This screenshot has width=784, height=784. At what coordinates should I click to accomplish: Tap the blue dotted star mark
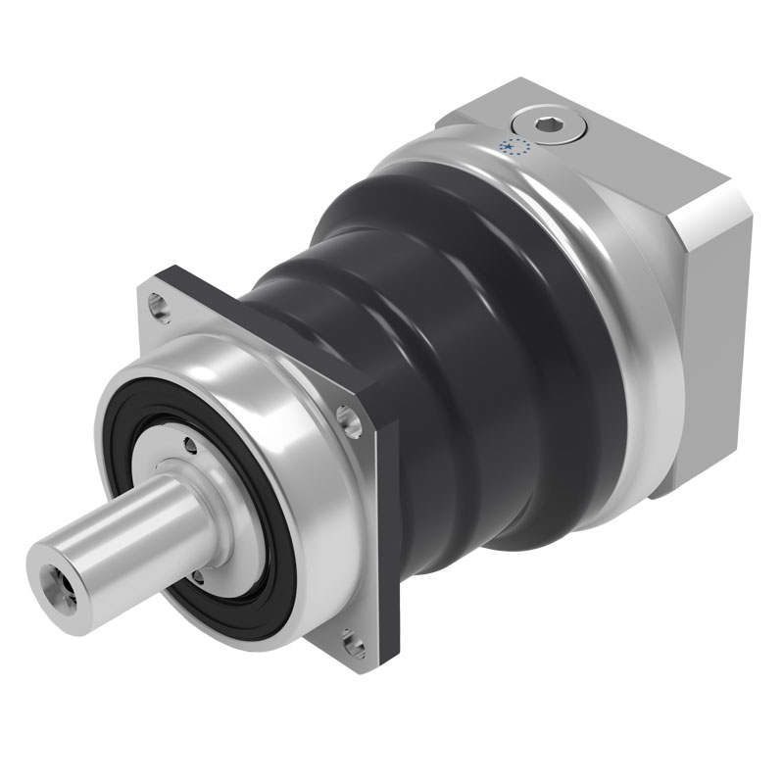[514, 148]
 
